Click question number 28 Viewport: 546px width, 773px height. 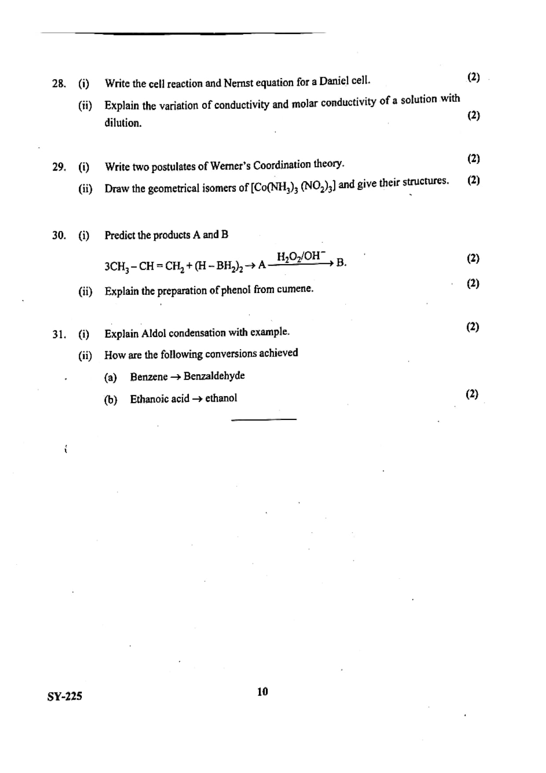[x=59, y=84]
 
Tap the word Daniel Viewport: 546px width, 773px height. [x=333, y=82]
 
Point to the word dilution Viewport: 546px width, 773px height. [x=123, y=123]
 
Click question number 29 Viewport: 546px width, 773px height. [x=59, y=167]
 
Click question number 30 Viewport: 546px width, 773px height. [x=59, y=235]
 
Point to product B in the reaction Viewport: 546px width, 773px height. [x=341, y=263]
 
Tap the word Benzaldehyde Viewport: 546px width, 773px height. [x=214, y=376]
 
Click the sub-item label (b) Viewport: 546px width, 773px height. [x=111, y=400]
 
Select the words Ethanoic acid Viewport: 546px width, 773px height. [x=159, y=399]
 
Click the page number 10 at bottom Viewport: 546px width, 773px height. [x=262, y=691]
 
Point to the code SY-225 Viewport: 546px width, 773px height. [x=65, y=696]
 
